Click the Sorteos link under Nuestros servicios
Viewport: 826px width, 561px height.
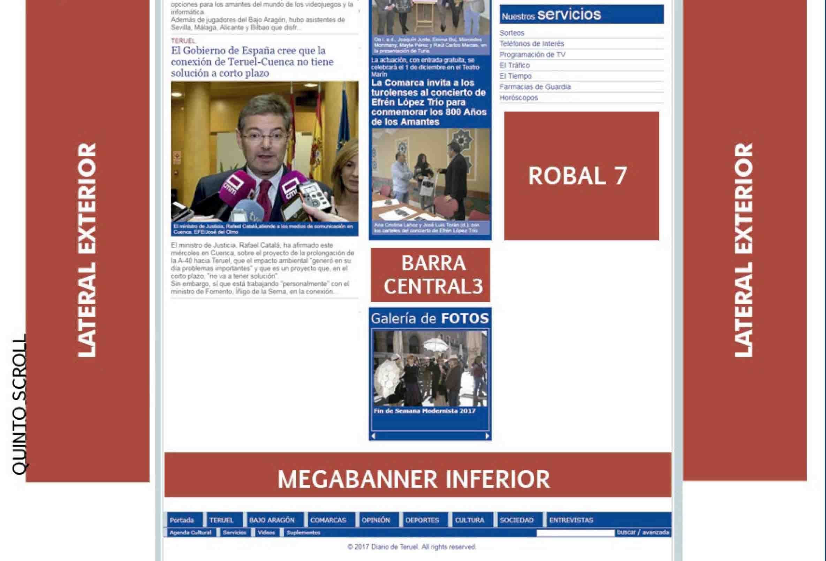tap(512, 33)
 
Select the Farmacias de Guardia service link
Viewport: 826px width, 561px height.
tap(535, 87)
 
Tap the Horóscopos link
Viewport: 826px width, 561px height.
tap(518, 98)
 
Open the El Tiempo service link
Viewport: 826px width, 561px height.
tap(515, 76)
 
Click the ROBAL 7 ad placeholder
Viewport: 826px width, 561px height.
tap(582, 176)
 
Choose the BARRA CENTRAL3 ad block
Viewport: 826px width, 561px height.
tap(430, 275)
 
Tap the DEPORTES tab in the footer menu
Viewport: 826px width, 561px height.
tap(422, 520)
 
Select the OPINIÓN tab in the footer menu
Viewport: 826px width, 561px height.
tap(376, 520)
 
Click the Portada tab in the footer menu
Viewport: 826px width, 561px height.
tap(182, 520)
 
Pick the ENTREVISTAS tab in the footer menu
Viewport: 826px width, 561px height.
tap(571, 520)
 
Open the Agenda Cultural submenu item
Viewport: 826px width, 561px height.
tap(190, 532)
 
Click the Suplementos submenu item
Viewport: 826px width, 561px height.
tap(303, 532)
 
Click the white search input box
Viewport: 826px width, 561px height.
tap(575, 533)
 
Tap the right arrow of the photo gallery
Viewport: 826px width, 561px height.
tap(487, 436)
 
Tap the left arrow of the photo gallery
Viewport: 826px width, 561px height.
tap(373, 436)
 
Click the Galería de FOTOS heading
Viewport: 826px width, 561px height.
tap(430, 319)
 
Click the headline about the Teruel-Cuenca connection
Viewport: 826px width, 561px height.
tap(252, 62)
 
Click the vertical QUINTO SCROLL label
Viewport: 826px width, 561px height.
tap(20, 404)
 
